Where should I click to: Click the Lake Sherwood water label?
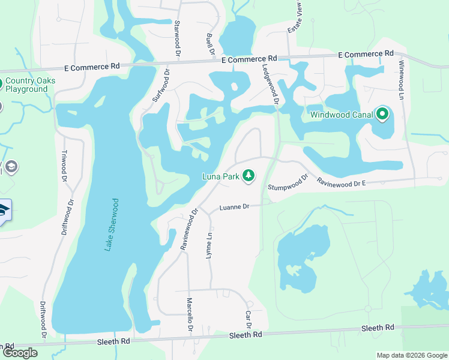[112, 225]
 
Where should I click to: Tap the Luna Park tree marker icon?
[248, 176]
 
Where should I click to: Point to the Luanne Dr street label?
[234, 207]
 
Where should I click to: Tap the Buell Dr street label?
[211, 44]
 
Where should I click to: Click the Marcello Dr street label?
[189, 315]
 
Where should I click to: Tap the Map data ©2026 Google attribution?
[411, 355]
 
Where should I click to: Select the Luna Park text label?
[220, 176]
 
